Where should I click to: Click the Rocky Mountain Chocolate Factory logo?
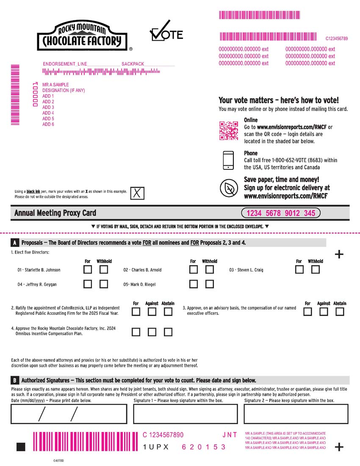pos(82,36)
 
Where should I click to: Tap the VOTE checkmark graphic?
pos(166,32)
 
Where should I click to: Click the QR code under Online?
pos(229,130)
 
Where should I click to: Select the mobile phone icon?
pos(229,160)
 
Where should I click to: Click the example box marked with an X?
pos(137,193)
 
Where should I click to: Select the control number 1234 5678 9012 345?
pos(281,213)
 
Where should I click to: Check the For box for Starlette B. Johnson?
pos(88,269)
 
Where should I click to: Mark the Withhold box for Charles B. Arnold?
pos(209,269)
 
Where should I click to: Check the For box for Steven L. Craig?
pos(299,269)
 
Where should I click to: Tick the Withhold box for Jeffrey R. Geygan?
pos(104,284)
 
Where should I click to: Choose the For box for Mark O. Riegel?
pos(194,284)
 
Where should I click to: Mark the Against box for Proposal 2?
pos(152,312)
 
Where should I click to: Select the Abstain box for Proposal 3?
pos(340,312)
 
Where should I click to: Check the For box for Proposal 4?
pos(136,332)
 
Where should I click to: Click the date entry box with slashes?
pos(69,414)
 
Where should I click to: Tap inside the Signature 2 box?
pos(296,414)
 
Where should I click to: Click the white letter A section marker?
pos(15,243)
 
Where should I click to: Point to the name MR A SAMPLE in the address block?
pos(55,85)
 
